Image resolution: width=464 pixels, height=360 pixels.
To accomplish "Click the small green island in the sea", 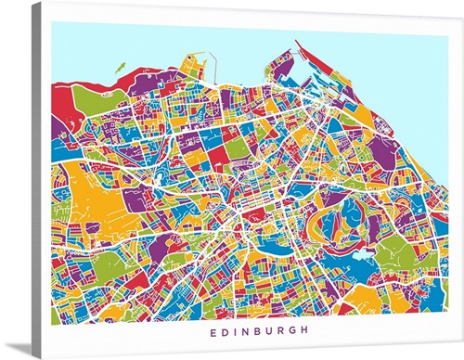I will pos(120,67).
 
